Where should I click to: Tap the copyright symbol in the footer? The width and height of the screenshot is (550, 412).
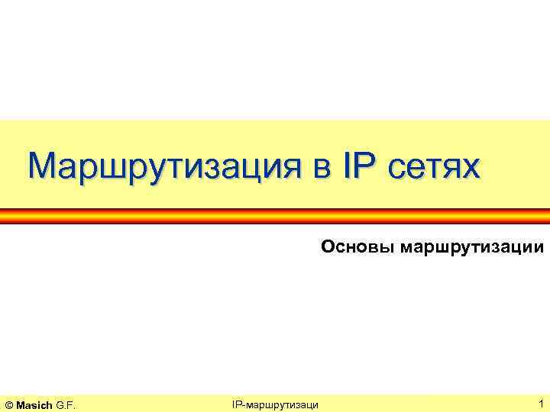[9, 404]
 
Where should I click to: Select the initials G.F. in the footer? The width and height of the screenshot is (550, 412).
[66, 404]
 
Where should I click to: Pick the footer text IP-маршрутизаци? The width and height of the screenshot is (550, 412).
[275, 404]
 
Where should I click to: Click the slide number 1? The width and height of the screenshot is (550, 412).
[541, 403]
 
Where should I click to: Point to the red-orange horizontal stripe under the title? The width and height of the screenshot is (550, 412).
[275, 216]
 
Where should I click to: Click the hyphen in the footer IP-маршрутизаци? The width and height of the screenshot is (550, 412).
[242, 404]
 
